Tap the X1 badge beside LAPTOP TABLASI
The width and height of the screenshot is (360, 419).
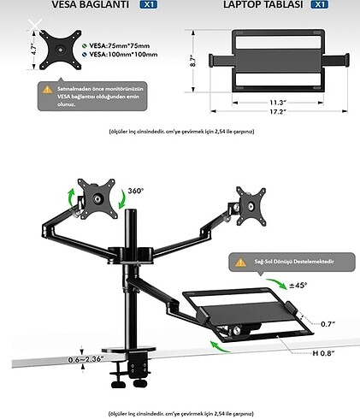319,4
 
